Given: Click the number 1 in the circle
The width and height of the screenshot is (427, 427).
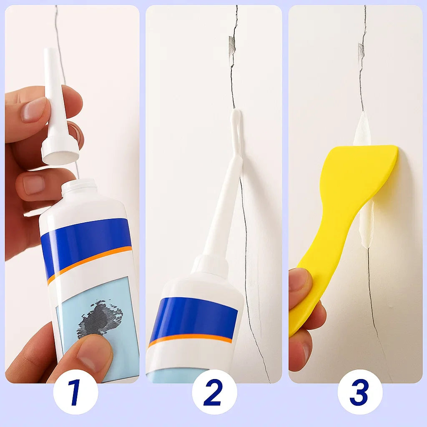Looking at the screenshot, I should pos(75,392).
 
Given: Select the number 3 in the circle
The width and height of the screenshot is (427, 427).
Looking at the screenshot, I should pos(359,392).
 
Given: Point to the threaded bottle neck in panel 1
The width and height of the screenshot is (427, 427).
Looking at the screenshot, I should pos(79,188).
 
